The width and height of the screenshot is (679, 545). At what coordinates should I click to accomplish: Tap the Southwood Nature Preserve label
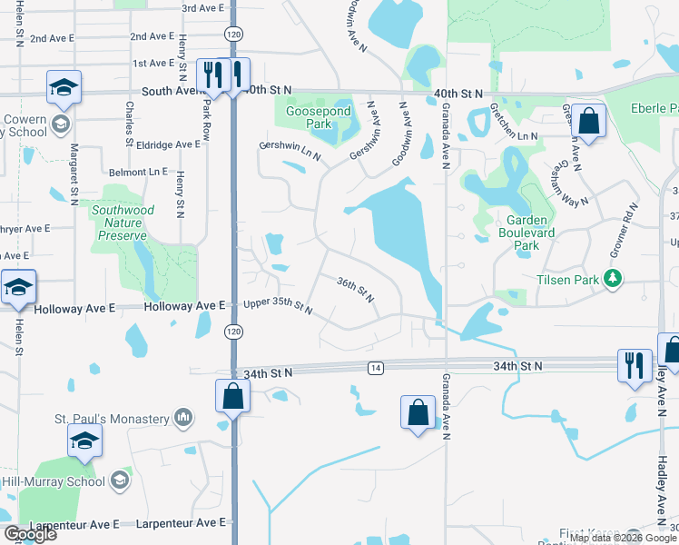coord(123,223)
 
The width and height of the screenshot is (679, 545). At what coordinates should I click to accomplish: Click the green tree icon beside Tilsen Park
coord(615,279)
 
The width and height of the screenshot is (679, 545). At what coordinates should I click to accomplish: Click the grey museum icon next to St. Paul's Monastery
coord(183,418)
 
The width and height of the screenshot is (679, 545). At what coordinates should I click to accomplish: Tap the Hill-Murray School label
coord(53,481)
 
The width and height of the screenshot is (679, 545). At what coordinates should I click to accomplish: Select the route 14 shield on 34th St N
coord(375,367)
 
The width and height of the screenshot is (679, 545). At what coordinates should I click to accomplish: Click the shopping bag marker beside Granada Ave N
coord(418,412)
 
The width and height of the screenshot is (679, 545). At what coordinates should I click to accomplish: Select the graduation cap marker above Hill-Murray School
coord(84,441)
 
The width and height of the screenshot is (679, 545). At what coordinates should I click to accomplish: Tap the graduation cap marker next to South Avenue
coord(64,87)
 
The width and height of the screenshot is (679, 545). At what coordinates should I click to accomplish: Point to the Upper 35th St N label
coord(279,307)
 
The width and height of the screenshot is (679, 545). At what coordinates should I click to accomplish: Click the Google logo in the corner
coord(30,534)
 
